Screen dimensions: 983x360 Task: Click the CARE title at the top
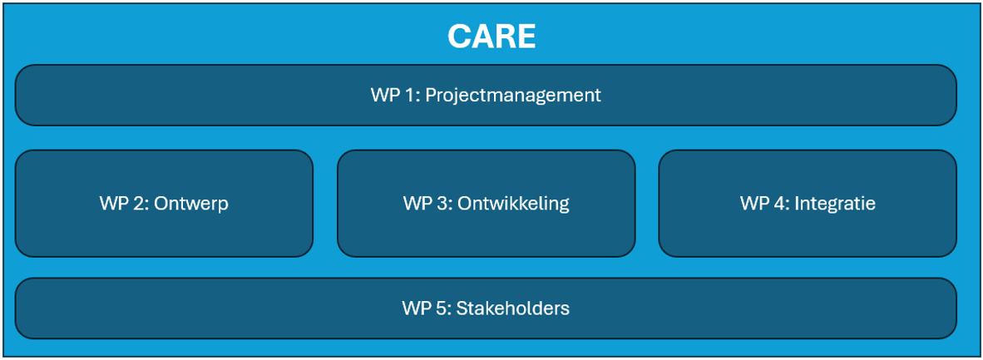[491, 37]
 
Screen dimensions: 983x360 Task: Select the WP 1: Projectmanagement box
[486, 96]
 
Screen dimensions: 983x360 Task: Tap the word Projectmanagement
[513, 96]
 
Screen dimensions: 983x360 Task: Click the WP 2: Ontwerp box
[165, 203]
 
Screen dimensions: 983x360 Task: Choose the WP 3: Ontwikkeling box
[487, 203]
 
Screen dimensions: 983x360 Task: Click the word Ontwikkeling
[513, 204]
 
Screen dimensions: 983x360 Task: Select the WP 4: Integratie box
[808, 203]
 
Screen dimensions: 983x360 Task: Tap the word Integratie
[834, 204]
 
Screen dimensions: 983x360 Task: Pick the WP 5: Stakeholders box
[486, 308]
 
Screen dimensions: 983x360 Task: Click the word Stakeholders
[513, 308]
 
